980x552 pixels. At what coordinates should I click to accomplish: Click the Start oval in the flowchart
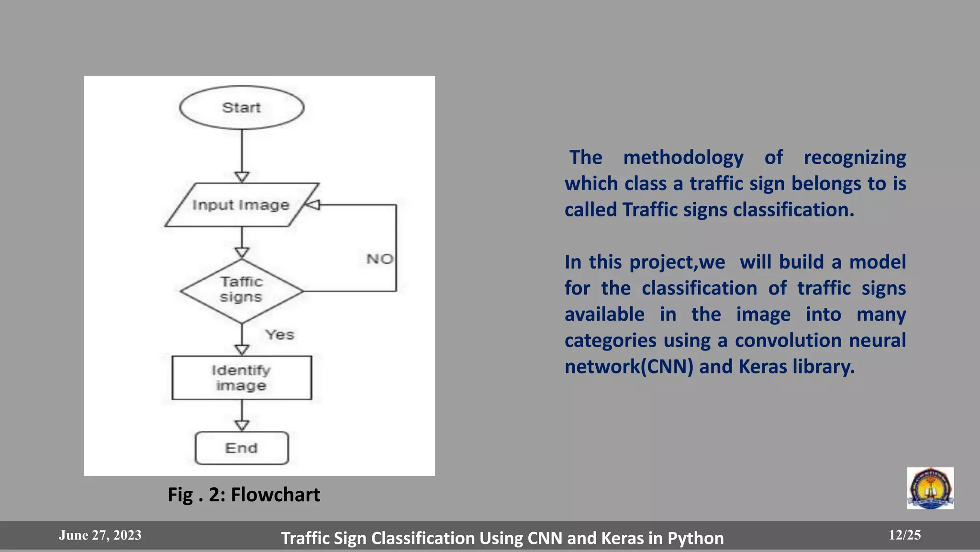point(242,108)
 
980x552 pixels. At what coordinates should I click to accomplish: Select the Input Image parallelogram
point(241,205)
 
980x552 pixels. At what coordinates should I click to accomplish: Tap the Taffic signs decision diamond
point(242,290)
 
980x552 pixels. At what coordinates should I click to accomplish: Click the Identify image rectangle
point(242,378)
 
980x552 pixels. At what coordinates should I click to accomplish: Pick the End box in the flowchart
point(242,448)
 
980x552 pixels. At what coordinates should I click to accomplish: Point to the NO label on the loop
point(380,259)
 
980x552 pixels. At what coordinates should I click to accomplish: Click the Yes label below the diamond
point(280,335)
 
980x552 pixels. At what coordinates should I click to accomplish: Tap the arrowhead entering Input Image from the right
point(312,205)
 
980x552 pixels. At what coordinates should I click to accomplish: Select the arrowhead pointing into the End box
point(242,425)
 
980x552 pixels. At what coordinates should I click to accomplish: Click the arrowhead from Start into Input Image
point(242,177)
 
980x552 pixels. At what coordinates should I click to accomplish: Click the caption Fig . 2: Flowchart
point(244,495)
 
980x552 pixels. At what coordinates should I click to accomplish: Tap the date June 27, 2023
point(100,535)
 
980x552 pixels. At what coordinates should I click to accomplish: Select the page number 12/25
point(904,535)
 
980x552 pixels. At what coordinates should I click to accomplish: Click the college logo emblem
point(930,488)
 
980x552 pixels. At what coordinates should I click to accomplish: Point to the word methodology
point(683,158)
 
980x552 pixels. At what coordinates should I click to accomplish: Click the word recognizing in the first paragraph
point(855,158)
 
